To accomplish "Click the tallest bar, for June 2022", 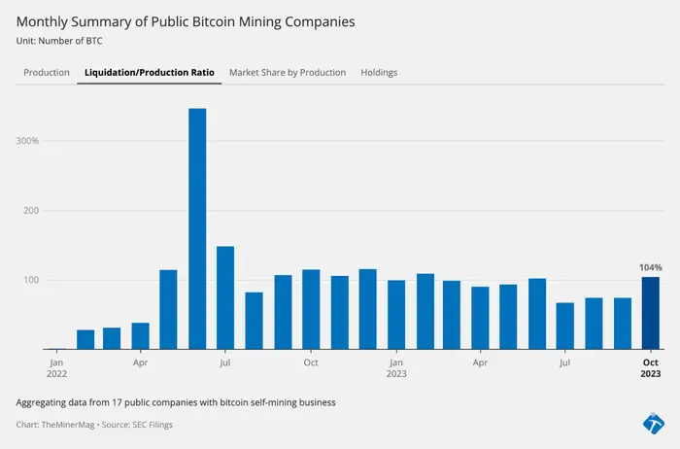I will [x=197, y=228].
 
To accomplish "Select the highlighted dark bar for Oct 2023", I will [x=650, y=313].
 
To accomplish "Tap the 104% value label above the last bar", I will [x=650, y=267].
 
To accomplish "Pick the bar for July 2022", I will [x=225, y=297].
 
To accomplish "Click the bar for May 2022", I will [x=168, y=309].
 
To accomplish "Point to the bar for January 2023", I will [x=396, y=315].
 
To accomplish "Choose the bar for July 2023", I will [x=565, y=326].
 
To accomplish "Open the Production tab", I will [x=47, y=73].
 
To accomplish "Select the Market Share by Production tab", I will [x=288, y=73].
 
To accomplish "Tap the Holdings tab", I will [x=379, y=73].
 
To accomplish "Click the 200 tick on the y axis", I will [x=30, y=211].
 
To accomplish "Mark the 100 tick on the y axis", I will [x=30, y=281].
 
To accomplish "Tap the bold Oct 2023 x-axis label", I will [x=650, y=367].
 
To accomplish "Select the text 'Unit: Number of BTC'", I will [x=59, y=42].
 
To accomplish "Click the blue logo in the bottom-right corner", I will [x=654, y=423].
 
